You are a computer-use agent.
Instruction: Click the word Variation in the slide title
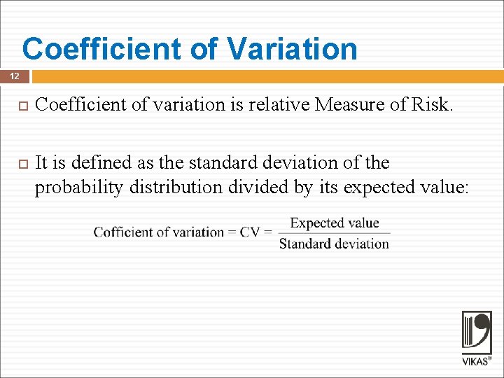pyautogui.click(x=292, y=49)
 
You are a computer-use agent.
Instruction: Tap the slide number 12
pyautogui.click(x=14, y=76)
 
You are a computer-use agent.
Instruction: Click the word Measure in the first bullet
pyautogui.click(x=349, y=105)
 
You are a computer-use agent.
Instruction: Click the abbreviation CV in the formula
pyautogui.click(x=250, y=232)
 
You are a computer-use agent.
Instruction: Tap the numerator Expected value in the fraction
pyautogui.click(x=334, y=223)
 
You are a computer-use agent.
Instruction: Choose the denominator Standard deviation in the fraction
pyautogui.click(x=334, y=244)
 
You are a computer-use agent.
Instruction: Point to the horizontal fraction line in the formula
pyautogui.click(x=334, y=233)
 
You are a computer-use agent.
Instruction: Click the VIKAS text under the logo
pyautogui.click(x=475, y=362)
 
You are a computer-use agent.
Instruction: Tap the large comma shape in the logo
pyautogui.click(x=483, y=329)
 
